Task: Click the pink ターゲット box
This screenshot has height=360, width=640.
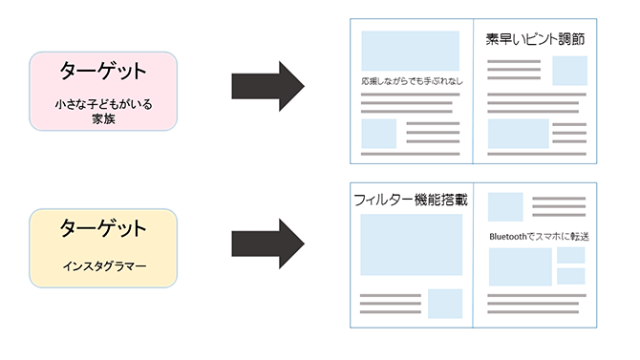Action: (103, 91)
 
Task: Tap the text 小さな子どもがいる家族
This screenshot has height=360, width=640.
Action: (103, 111)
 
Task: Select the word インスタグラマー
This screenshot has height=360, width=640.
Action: (103, 266)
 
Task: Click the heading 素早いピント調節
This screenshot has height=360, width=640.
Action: (535, 40)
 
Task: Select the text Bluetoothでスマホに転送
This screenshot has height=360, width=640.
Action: (537, 235)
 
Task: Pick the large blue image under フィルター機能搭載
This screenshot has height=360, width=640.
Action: (411, 244)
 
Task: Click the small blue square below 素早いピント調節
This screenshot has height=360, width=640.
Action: (569, 71)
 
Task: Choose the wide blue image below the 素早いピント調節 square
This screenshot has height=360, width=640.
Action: (519, 134)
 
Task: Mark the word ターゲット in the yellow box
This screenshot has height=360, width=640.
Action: (103, 229)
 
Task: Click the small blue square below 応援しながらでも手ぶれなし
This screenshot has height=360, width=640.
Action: (379, 134)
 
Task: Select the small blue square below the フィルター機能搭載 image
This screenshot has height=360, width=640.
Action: (445, 304)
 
